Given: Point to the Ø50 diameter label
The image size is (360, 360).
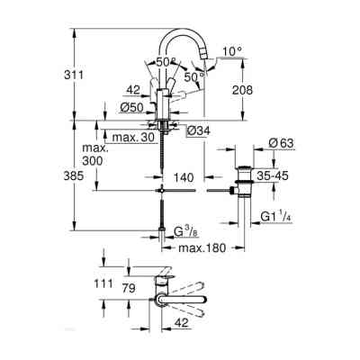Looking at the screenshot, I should point(133,108).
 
